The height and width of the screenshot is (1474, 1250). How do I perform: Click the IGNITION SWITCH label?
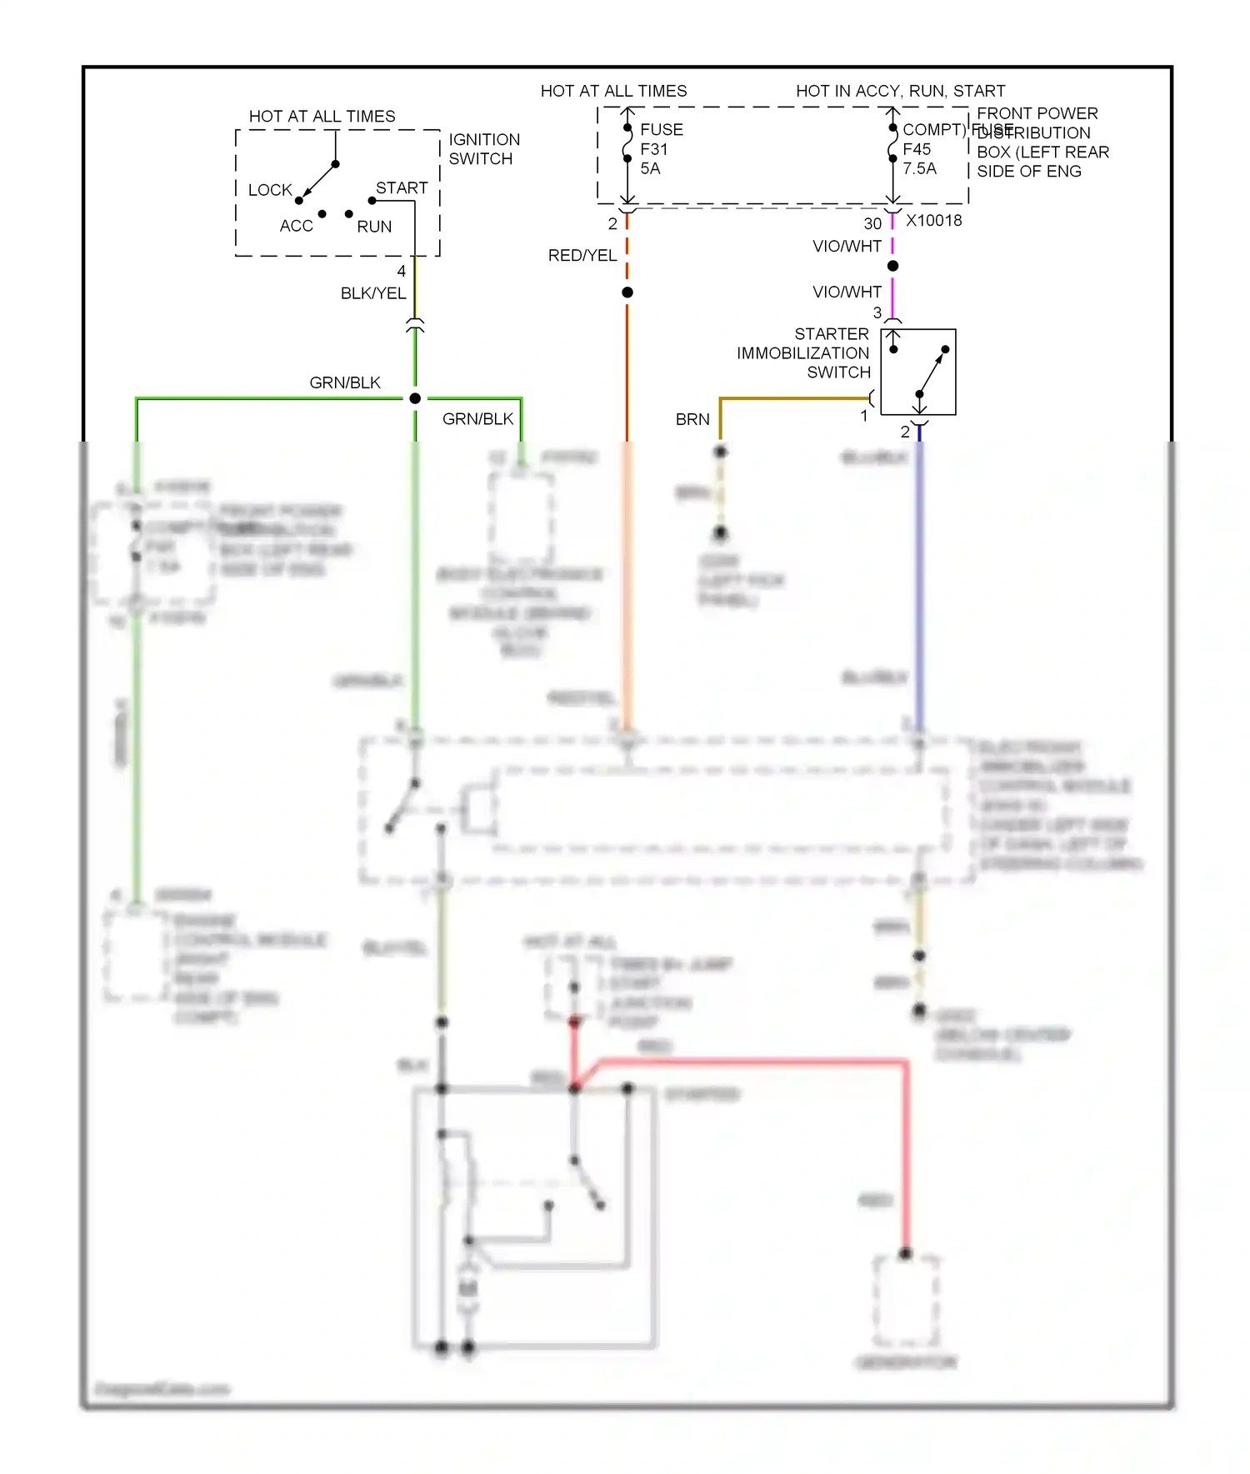(x=483, y=149)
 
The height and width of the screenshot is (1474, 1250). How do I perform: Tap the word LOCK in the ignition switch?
(x=270, y=190)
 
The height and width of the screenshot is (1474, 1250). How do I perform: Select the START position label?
(x=402, y=188)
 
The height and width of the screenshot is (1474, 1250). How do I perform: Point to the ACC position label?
(x=296, y=226)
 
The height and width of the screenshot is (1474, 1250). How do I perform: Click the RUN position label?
(x=374, y=227)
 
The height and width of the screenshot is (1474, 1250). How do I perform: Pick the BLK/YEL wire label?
(x=372, y=293)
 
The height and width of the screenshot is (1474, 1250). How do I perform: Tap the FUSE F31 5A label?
(x=661, y=149)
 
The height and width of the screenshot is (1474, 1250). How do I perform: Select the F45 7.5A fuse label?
(x=919, y=159)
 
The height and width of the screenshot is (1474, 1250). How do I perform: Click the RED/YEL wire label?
(x=582, y=256)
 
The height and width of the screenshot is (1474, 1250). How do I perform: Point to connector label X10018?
(x=933, y=221)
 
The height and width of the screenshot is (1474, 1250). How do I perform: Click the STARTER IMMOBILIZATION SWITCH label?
(x=803, y=353)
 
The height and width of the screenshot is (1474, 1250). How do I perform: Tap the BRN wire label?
(x=692, y=419)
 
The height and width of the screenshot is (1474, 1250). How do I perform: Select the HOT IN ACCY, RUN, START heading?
(x=900, y=91)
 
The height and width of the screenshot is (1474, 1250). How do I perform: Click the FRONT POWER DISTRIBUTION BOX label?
(x=1042, y=142)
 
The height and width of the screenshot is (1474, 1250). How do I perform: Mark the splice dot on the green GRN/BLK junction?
(x=415, y=398)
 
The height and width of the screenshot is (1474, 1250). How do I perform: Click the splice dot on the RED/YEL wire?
(x=627, y=292)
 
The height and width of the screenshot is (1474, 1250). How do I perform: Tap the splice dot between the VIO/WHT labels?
(x=892, y=266)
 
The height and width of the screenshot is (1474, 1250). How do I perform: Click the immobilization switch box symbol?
(x=918, y=372)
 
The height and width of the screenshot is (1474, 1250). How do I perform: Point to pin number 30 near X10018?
(x=872, y=223)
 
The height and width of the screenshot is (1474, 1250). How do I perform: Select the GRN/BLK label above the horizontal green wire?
(x=344, y=382)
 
